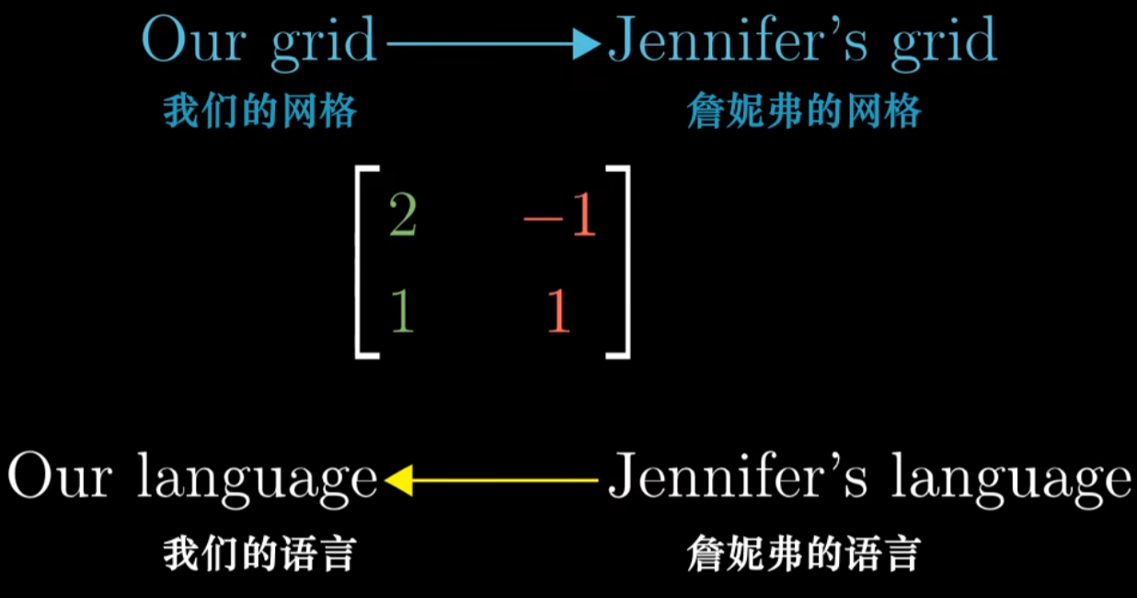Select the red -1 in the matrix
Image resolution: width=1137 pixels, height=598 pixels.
tap(559, 219)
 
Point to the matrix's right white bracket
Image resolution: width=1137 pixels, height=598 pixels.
tap(623, 261)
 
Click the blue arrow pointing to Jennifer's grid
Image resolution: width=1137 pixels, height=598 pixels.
tap(493, 43)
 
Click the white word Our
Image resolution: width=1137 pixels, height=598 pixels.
tap(62, 477)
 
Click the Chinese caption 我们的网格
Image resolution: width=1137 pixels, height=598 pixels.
tap(259, 112)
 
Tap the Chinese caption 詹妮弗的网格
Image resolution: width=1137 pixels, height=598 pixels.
tap(803, 112)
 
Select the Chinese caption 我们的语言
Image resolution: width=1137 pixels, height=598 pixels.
tap(259, 555)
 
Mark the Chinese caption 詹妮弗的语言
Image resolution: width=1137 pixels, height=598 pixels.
tap(803, 555)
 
